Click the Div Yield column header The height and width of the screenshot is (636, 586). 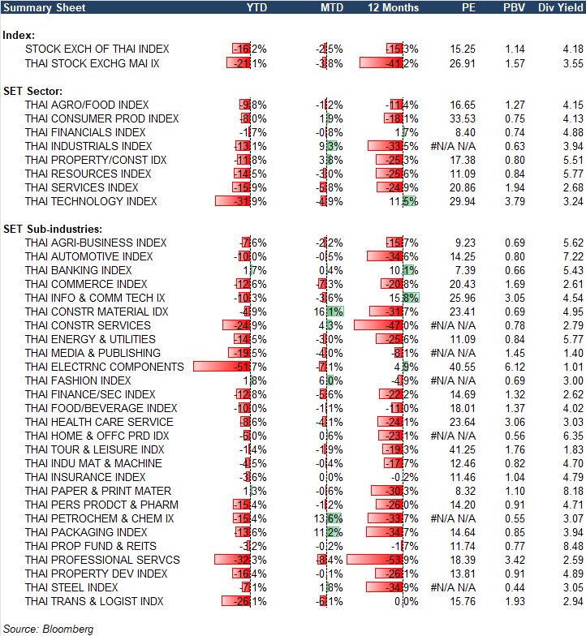pyautogui.click(x=560, y=7)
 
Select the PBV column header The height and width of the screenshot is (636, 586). pyautogui.click(x=513, y=7)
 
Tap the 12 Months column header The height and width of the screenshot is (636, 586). pyautogui.click(x=394, y=7)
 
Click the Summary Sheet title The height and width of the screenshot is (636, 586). pyautogui.click(x=39, y=7)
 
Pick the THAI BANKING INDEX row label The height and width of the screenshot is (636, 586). pyautogui.click(x=79, y=270)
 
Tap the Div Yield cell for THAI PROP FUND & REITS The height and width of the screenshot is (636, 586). pyautogui.click(x=572, y=546)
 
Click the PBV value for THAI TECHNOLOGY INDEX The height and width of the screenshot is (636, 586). pyautogui.click(x=514, y=201)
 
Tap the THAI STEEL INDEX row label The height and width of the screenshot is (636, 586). pyautogui.click(x=71, y=587)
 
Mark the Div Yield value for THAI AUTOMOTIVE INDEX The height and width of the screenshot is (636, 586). pyautogui.click(x=572, y=256)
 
